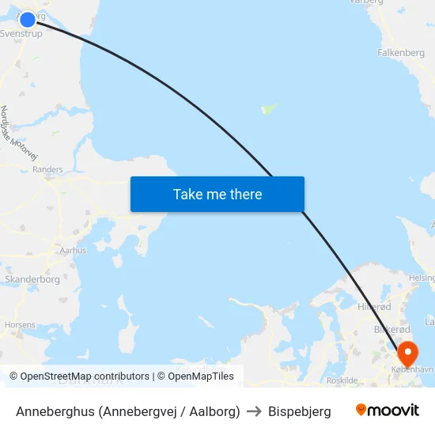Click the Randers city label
pyautogui.click(x=47, y=169)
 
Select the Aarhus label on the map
pyautogui.click(x=72, y=250)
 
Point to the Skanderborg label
pyautogui.click(x=32, y=279)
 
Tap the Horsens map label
pyautogui.click(x=20, y=324)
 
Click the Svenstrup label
pyautogui.click(x=21, y=34)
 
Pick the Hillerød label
pyautogui.click(x=374, y=307)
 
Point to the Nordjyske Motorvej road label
pyautogui.click(x=19, y=134)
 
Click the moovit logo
pyautogui.click(x=388, y=410)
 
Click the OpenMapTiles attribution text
pyautogui.click(x=201, y=376)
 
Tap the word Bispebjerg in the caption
pyautogui.click(x=300, y=411)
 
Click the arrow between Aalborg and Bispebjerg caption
pyautogui.click(x=254, y=411)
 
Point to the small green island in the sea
pyautogui.click(x=270, y=108)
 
